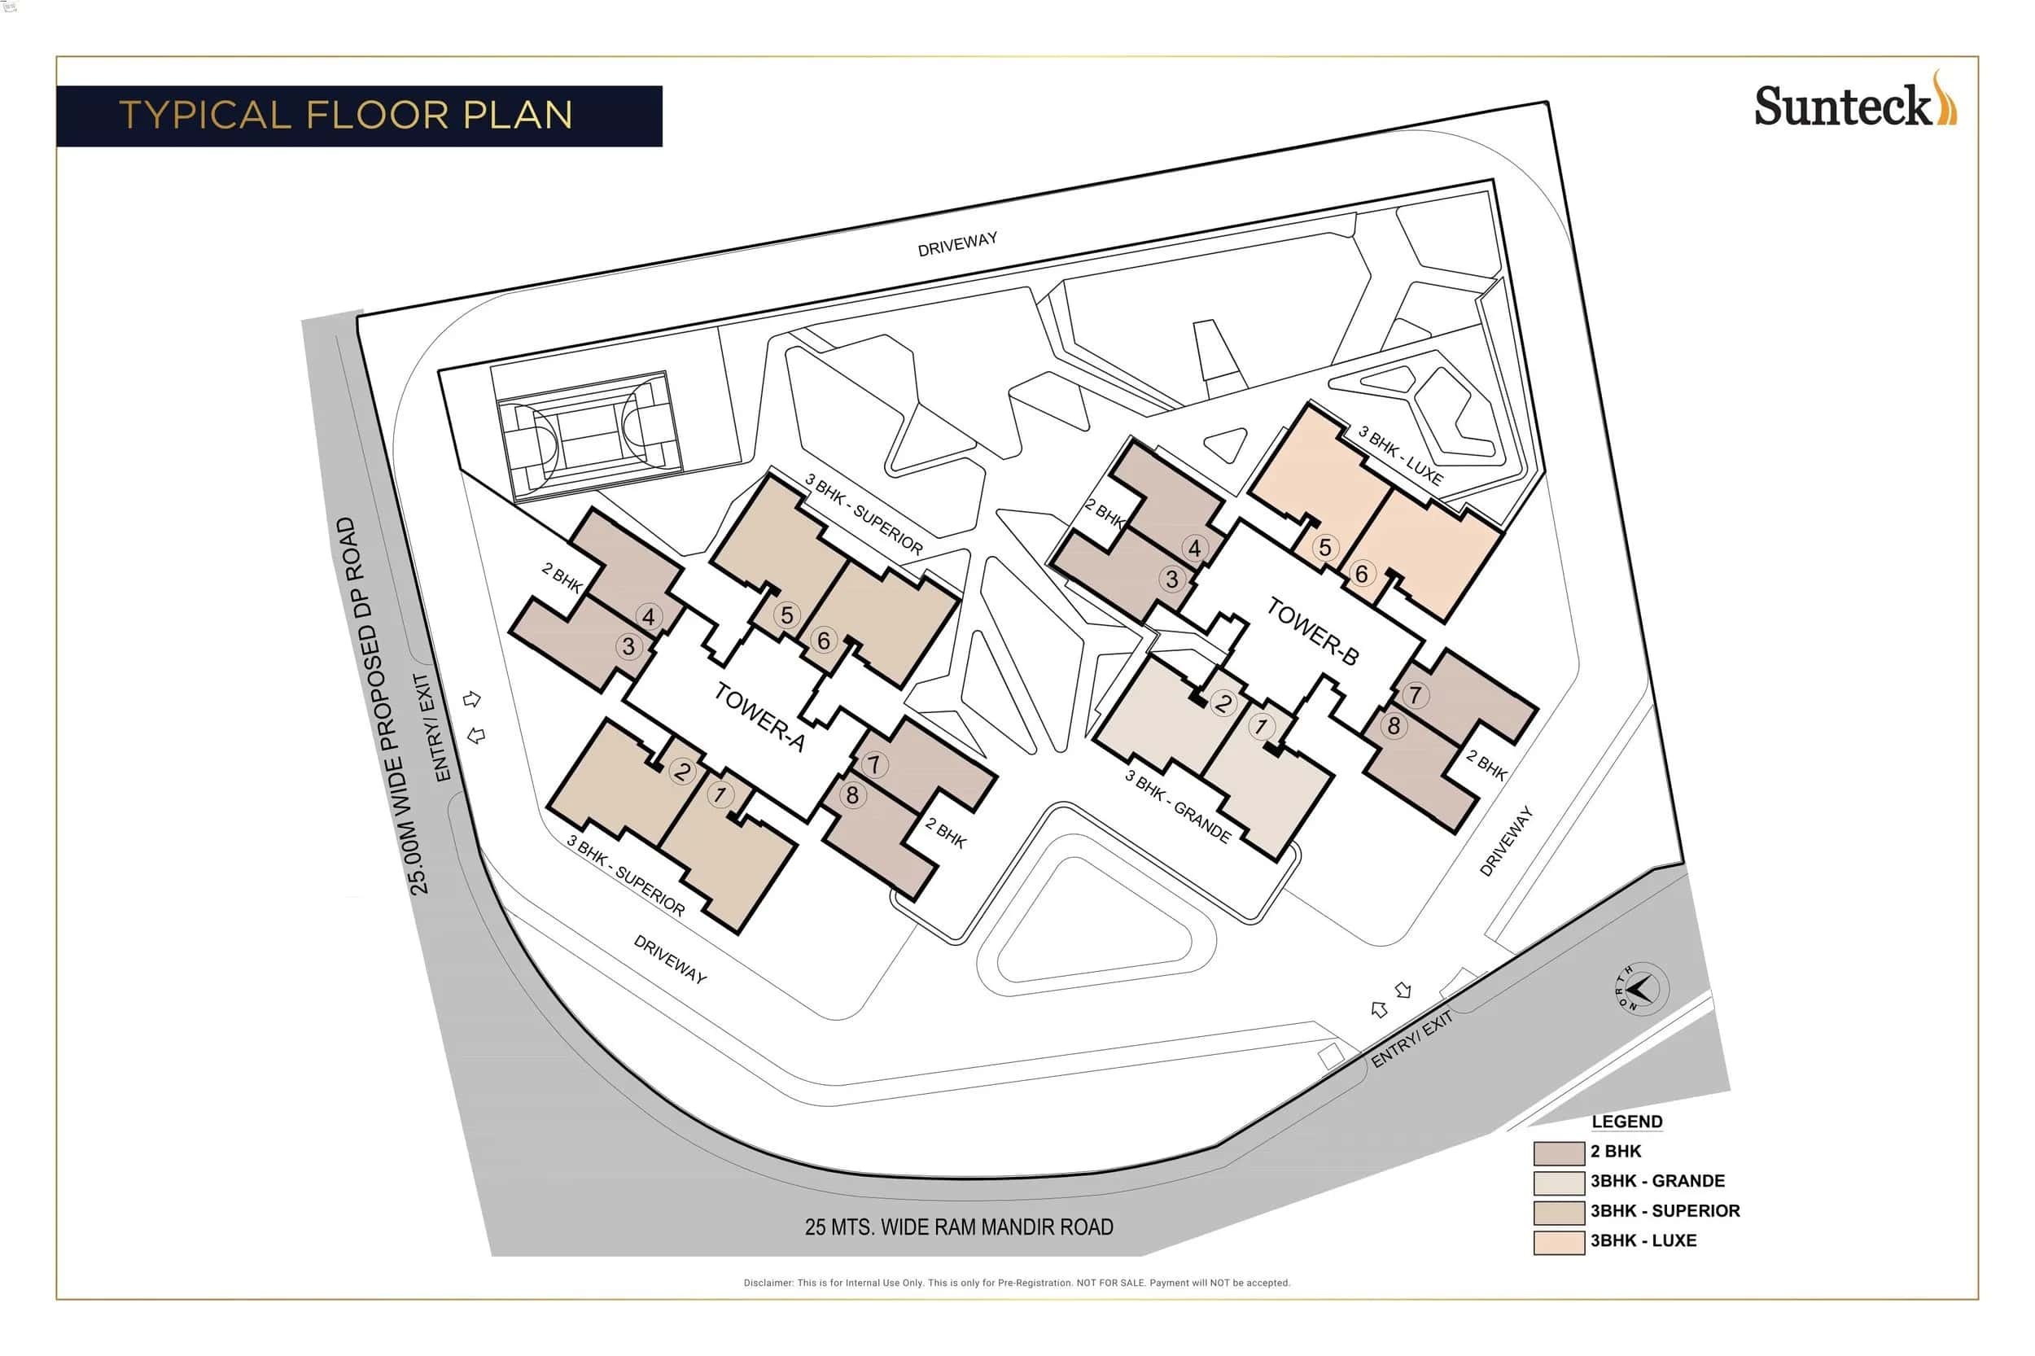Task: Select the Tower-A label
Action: tap(759, 716)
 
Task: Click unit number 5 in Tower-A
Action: tap(786, 615)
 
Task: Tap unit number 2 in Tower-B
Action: tap(1221, 702)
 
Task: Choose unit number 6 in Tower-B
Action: tap(1360, 573)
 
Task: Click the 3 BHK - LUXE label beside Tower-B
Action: tap(1398, 456)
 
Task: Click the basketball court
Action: tap(588, 436)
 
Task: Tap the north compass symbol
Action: tap(1638, 987)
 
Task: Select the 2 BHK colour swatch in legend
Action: tap(1558, 1152)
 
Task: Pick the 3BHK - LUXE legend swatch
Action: tap(1558, 1242)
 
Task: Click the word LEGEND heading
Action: tap(1626, 1122)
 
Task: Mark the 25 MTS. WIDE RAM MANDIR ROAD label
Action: tap(958, 1227)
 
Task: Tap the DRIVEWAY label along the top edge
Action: tap(956, 244)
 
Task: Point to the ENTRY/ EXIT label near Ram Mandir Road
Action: tap(1411, 1039)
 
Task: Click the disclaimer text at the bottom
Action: tap(1016, 1283)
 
